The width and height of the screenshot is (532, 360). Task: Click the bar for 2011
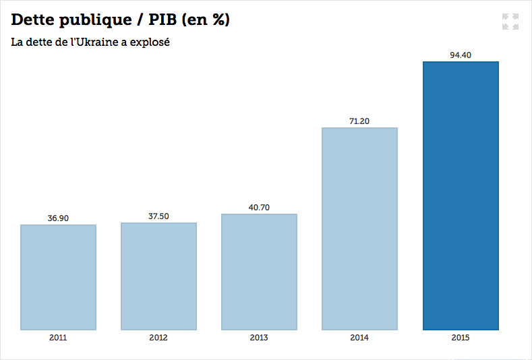click(x=58, y=277)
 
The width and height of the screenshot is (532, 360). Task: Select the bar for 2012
click(x=158, y=276)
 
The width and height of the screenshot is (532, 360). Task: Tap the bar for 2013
click(x=259, y=272)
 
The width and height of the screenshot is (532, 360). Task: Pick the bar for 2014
click(x=359, y=229)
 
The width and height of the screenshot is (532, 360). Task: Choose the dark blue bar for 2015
click(x=461, y=196)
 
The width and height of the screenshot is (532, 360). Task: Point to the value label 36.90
click(x=58, y=218)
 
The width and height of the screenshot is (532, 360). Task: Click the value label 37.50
click(x=158, y=216)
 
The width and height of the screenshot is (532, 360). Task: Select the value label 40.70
click(x=259, y=208)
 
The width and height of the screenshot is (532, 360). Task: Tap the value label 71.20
click(x=359, y=121)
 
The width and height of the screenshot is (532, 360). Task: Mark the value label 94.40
click(x=461, y=55)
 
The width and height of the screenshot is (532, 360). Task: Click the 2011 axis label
click(x=58, y=338)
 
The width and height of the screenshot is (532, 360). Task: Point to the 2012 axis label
click(x=158, y=338)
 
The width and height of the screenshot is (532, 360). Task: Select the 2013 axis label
click(x=259, y=338)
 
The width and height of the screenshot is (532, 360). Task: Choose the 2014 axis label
click(x=359, y=338)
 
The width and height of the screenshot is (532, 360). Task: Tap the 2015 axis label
click(x=461, y=338)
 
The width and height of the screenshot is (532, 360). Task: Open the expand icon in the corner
click(x=510, y=21)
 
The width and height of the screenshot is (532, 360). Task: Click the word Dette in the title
click(x=33, y=20)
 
